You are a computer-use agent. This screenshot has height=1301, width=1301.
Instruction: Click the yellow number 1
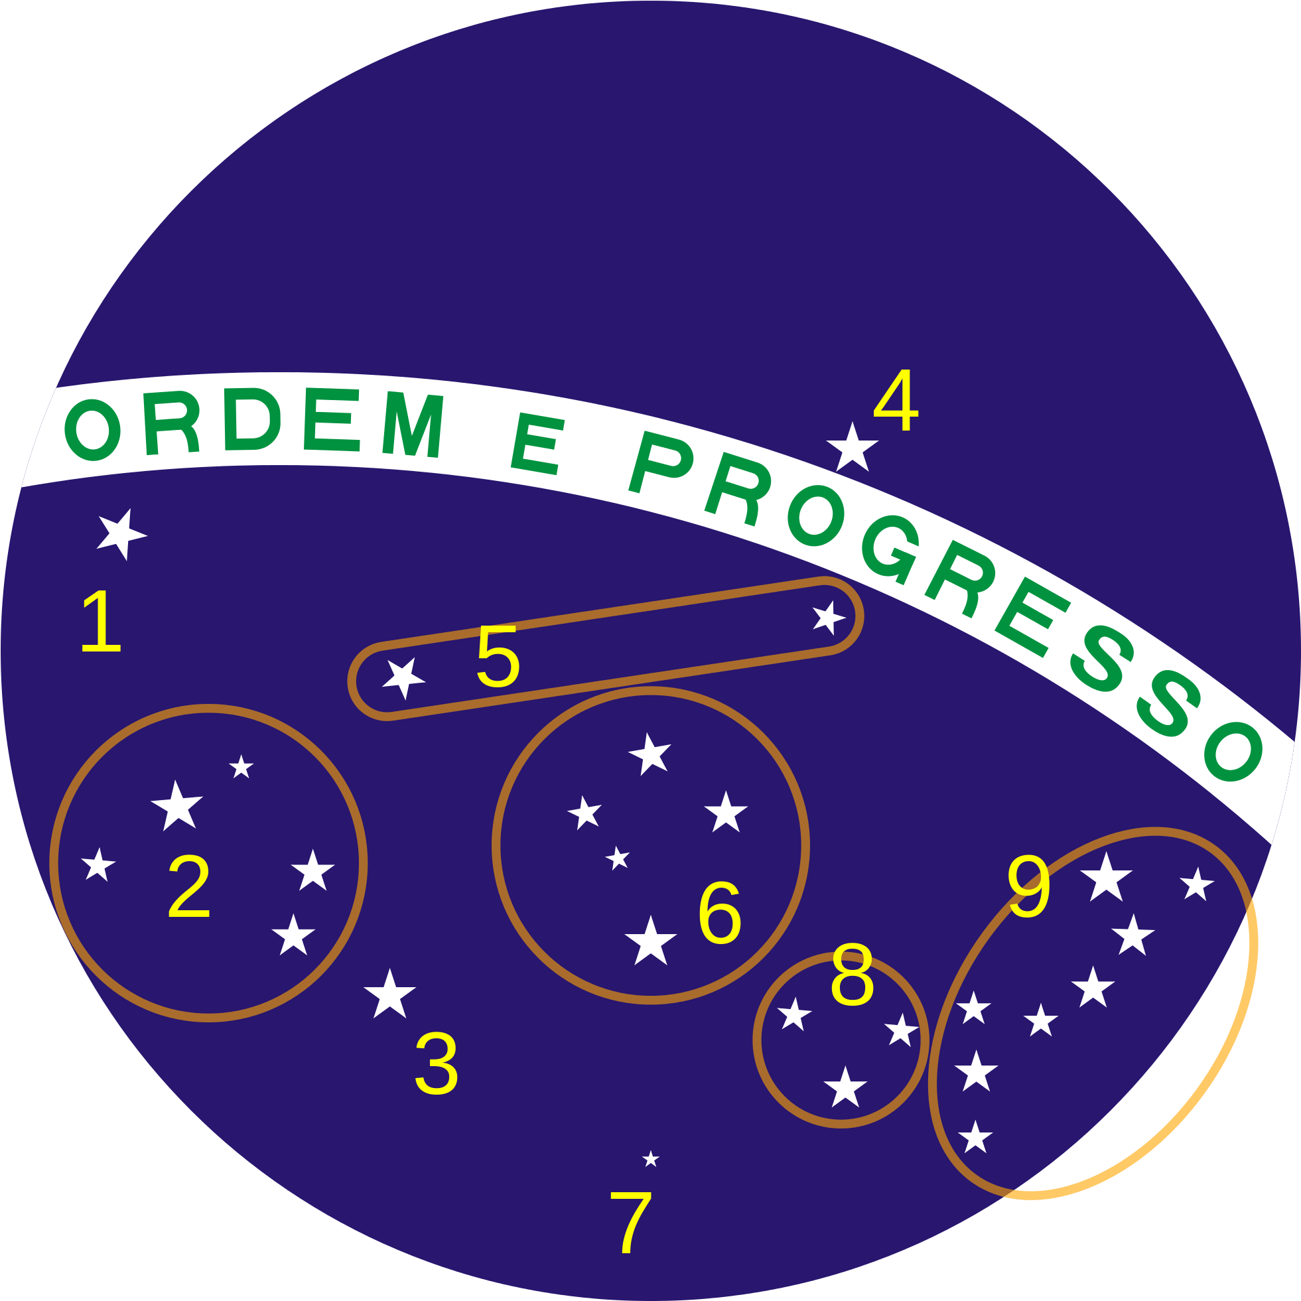(102, 621)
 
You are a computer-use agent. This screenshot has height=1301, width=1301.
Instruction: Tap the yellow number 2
(189, 886)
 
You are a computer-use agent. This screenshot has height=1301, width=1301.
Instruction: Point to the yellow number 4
(896, 400)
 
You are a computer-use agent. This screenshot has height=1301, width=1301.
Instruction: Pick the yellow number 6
(720, 914)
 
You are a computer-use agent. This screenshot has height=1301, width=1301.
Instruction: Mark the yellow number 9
(1029, 886)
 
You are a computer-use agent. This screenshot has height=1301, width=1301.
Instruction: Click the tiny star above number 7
(650, 1160)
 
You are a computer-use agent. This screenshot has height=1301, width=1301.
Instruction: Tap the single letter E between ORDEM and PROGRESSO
(537, 443)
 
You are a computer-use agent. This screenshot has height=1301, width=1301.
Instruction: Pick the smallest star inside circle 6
(618, 858)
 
